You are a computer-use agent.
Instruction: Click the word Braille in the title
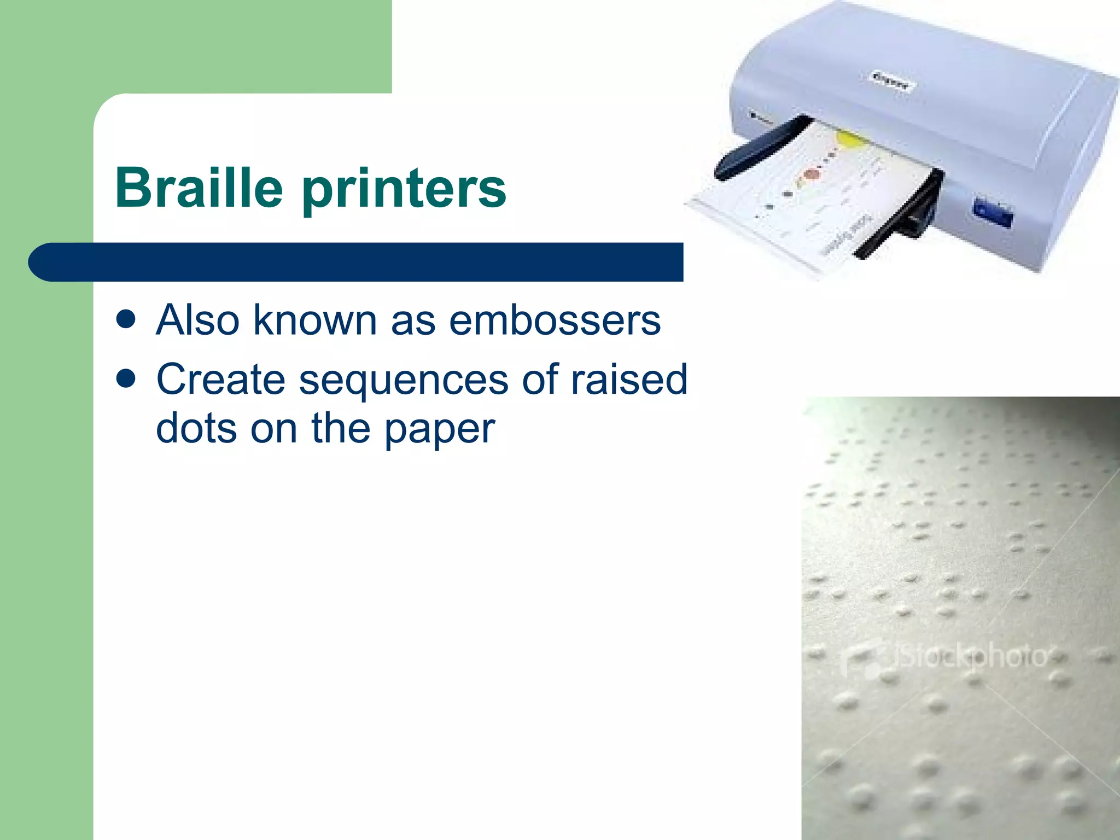click(199, 188)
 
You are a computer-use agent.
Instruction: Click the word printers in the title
click(405, 190)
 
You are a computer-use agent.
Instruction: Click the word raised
click(629, 378)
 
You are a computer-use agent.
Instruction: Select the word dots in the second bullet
click(196, 428)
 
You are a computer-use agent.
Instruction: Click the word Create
click(220, 378)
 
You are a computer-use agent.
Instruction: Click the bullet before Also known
click(126, 320)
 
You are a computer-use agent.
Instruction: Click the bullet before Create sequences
click(126, 378)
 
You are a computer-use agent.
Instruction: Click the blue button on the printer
click(993, 213)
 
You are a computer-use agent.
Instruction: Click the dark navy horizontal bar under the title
click(355, 262)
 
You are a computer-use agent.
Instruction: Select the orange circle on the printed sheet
click(812, 175)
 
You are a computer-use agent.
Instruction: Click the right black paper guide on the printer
click(902, 216)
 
